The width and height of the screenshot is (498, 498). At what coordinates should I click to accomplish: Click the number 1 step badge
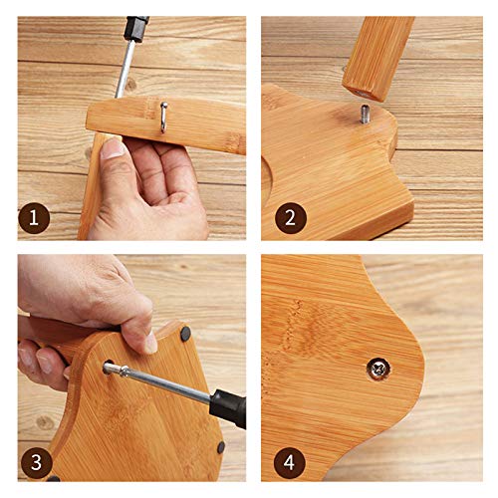(x=34, y=218)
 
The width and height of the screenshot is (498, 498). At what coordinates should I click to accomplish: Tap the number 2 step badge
(x=291, y=218)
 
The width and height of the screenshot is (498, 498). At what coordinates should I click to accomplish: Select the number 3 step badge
(x=37, y=462)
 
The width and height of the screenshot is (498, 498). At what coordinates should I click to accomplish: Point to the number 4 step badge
(x=289, y=462)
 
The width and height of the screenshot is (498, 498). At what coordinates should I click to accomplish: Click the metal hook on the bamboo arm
(x=163, y=117)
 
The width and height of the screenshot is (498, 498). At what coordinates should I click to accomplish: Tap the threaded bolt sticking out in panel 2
(x=365, y=114)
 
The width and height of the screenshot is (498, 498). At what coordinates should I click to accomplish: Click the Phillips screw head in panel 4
(x=378, y=369)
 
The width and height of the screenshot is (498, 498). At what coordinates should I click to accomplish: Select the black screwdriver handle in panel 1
(x=135, y=28)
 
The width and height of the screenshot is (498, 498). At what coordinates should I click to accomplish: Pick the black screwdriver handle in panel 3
(x=228, y=406)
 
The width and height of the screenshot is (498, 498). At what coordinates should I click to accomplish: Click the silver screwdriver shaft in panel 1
(x=124, y=68)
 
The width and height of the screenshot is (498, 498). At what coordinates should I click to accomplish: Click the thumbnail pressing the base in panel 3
(x=150, y=343)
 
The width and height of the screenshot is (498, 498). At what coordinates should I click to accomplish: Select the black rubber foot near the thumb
(x=185, y=334)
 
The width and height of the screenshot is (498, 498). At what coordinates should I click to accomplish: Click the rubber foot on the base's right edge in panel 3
(x=221, y=447)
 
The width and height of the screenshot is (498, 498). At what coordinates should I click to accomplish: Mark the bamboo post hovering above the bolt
(x=378, y=58)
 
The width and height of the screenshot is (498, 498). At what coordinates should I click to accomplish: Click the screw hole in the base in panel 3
(x=109, y=367)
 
